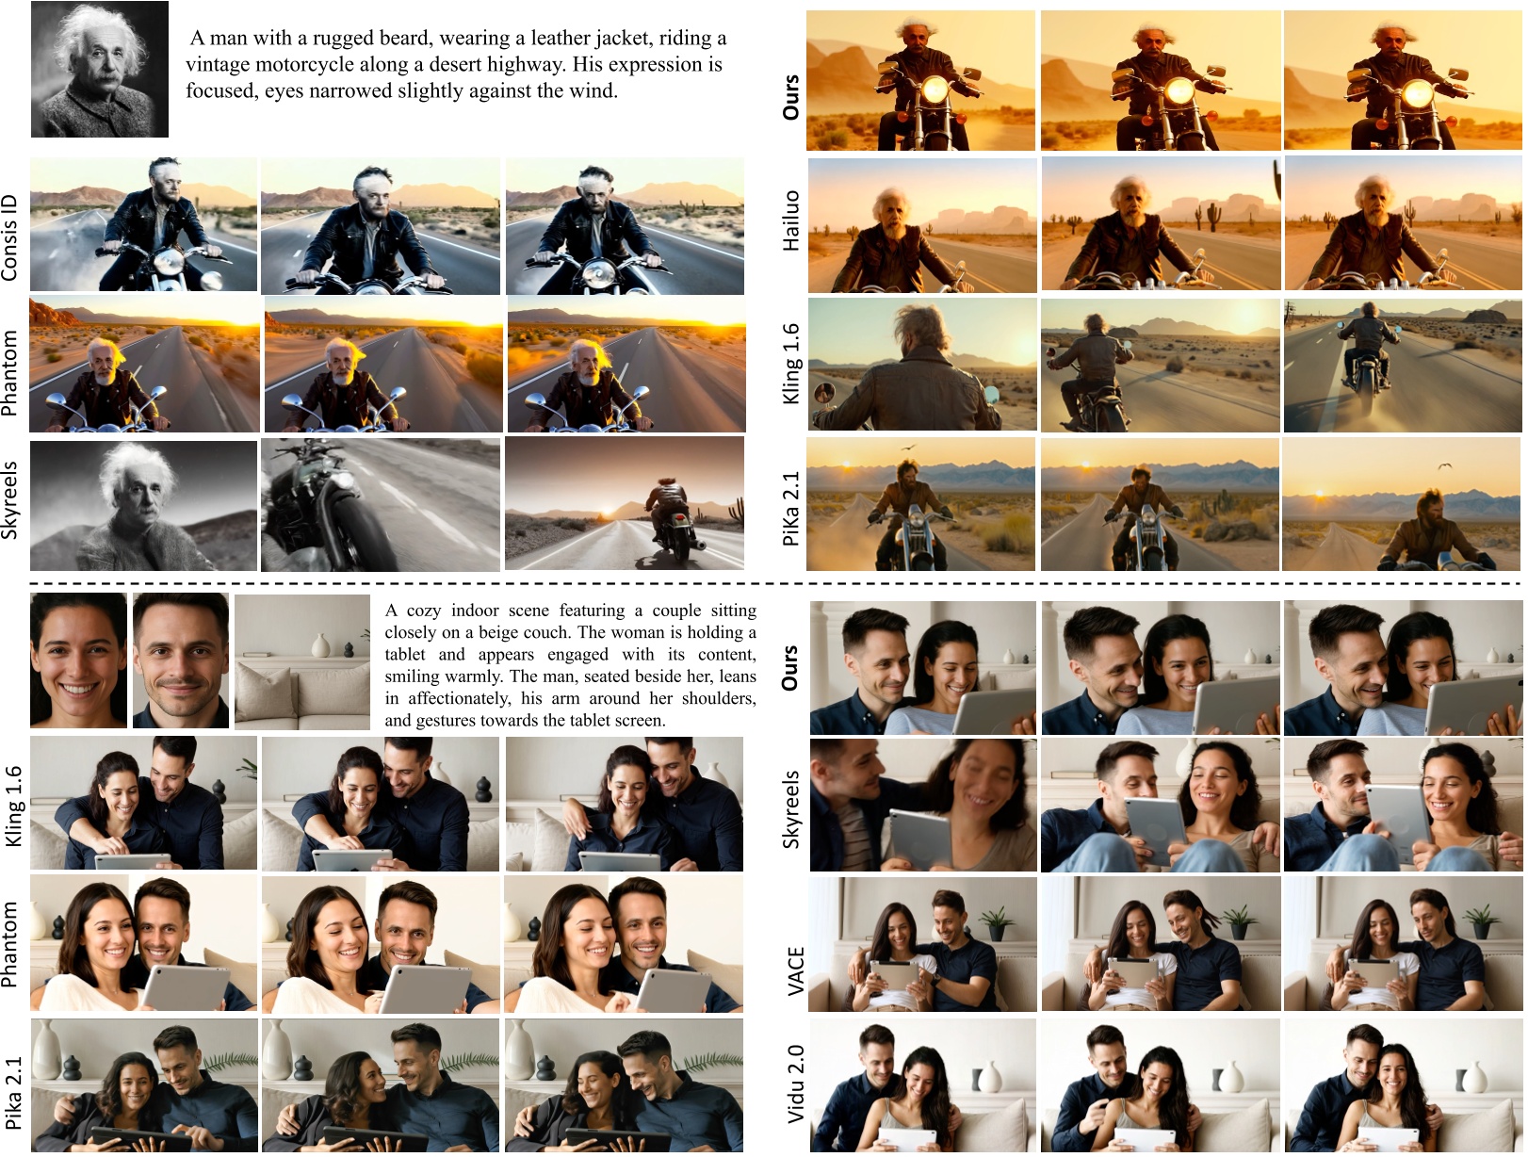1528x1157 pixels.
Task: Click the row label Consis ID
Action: coord(9,238)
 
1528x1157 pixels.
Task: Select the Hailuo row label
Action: coord(790,220)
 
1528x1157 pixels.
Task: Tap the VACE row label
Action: coord(794,970)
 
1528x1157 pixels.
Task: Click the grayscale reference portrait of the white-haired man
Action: coord(100,69)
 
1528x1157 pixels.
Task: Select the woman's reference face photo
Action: coord(79,660)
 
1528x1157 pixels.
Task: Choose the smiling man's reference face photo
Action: coord(180,660)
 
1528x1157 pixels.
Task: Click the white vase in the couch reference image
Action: coord(320,645)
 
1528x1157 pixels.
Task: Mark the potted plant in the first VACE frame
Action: coord(997,921)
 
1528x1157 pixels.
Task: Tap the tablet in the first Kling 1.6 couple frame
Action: coord(132,862)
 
